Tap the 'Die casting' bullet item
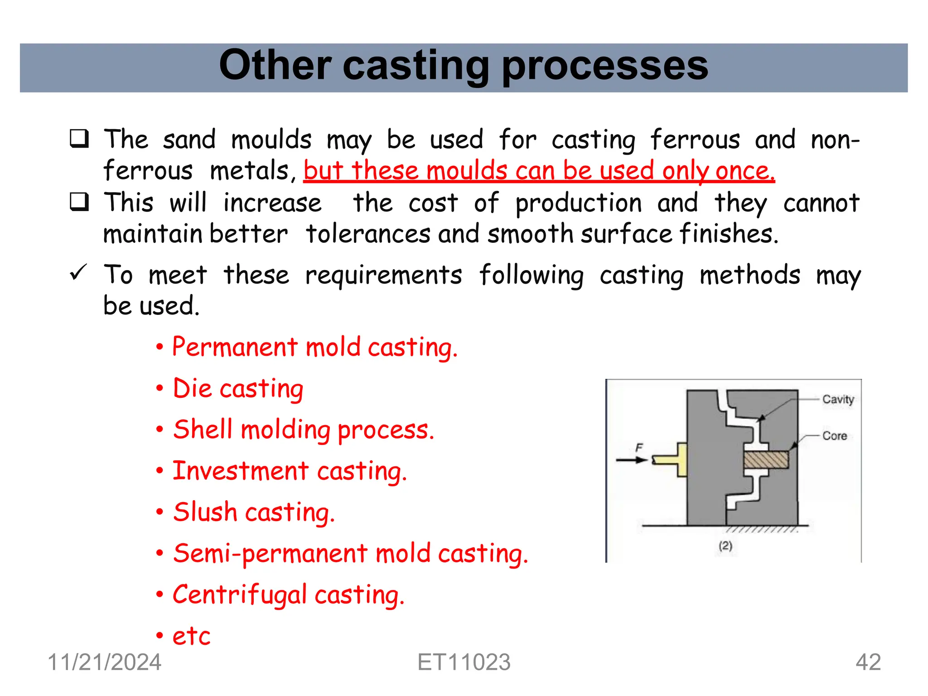point(238,389)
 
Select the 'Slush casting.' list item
point(254,512)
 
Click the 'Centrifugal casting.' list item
point(288,595)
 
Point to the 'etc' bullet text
point(191,636)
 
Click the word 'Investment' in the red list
point(241,471)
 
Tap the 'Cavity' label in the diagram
point(838,399)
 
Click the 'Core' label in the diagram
point(835,436)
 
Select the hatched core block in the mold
point(766,460)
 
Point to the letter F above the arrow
point(639,448)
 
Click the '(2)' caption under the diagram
point(725,546)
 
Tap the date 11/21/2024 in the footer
point(104,662)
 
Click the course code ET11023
point(464,662)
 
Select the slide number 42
point(868,662)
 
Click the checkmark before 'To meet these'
point(78,273)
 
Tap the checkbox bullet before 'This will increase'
point(79,202)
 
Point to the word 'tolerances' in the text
point(368,234)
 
